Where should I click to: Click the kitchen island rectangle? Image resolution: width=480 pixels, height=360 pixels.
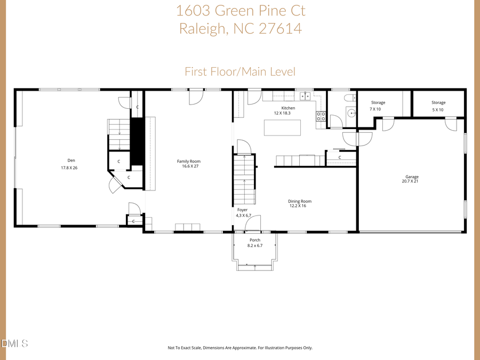pyautogui.click(x=282, y=128)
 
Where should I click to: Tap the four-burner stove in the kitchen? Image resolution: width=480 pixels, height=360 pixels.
pyautogui.click(x=321, y=116)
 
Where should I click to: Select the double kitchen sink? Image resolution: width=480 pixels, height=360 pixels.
pyautogui.click(x=306, y=97)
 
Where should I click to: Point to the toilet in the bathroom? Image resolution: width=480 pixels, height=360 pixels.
pyautogui.click(x=349, y=98)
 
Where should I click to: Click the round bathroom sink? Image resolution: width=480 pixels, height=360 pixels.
pyautogui.click(x=351, y=113)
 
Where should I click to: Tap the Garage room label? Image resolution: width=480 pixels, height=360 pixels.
pyautogui.click(x=412, y=177)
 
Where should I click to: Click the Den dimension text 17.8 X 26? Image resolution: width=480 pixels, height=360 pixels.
pyautogui.click(x=69, y=168)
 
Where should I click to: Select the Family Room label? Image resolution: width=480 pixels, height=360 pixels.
pyautogui.click(x=189, y=161)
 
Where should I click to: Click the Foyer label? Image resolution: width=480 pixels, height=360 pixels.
pyautogui.click(x=242, y=210)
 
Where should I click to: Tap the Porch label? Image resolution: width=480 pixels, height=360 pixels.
pyautogui.click(x=254, y=240)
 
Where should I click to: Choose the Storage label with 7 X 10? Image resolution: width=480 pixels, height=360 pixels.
pyautogui.click(x=378, y=102)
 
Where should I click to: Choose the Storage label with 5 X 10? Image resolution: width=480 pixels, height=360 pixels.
pyautogui.click(x=438, y=102)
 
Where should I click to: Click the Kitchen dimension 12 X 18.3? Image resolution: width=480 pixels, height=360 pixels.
pyautogui.click(x=284, y=113)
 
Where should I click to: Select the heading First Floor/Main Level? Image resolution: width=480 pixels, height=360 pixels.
pyautogui.click(x=240, y=71)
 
